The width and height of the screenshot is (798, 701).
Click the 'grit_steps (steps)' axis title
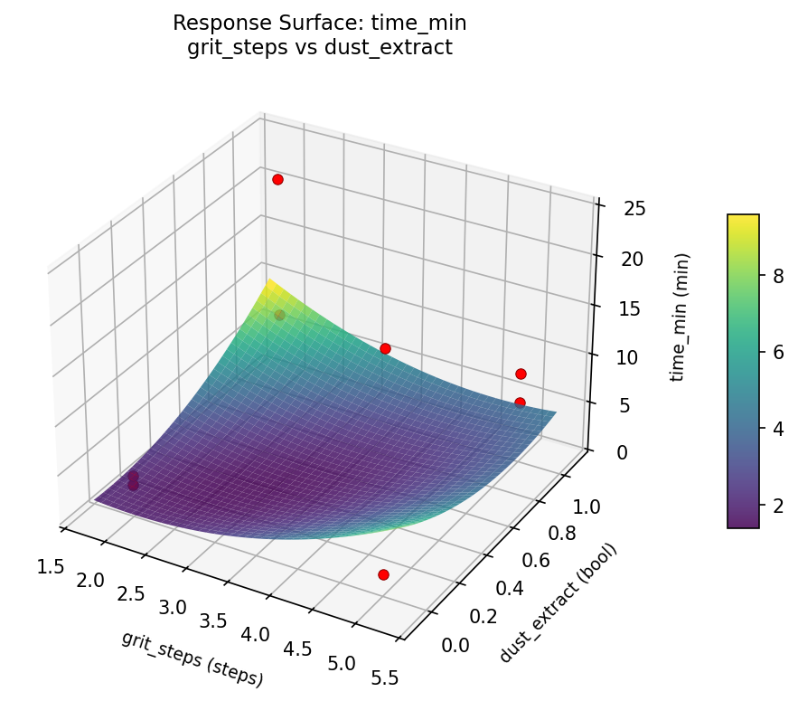click(192, 658)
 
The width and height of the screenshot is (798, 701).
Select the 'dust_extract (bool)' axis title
click(559, 603)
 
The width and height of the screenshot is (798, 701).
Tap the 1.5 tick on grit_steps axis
click(51, 566)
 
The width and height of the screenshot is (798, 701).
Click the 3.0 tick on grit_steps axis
click(173, 606)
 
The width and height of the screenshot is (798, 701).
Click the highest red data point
click(277, 179)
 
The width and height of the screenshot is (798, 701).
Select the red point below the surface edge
click(383, 574)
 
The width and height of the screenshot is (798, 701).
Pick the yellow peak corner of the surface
click(267, 283)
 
